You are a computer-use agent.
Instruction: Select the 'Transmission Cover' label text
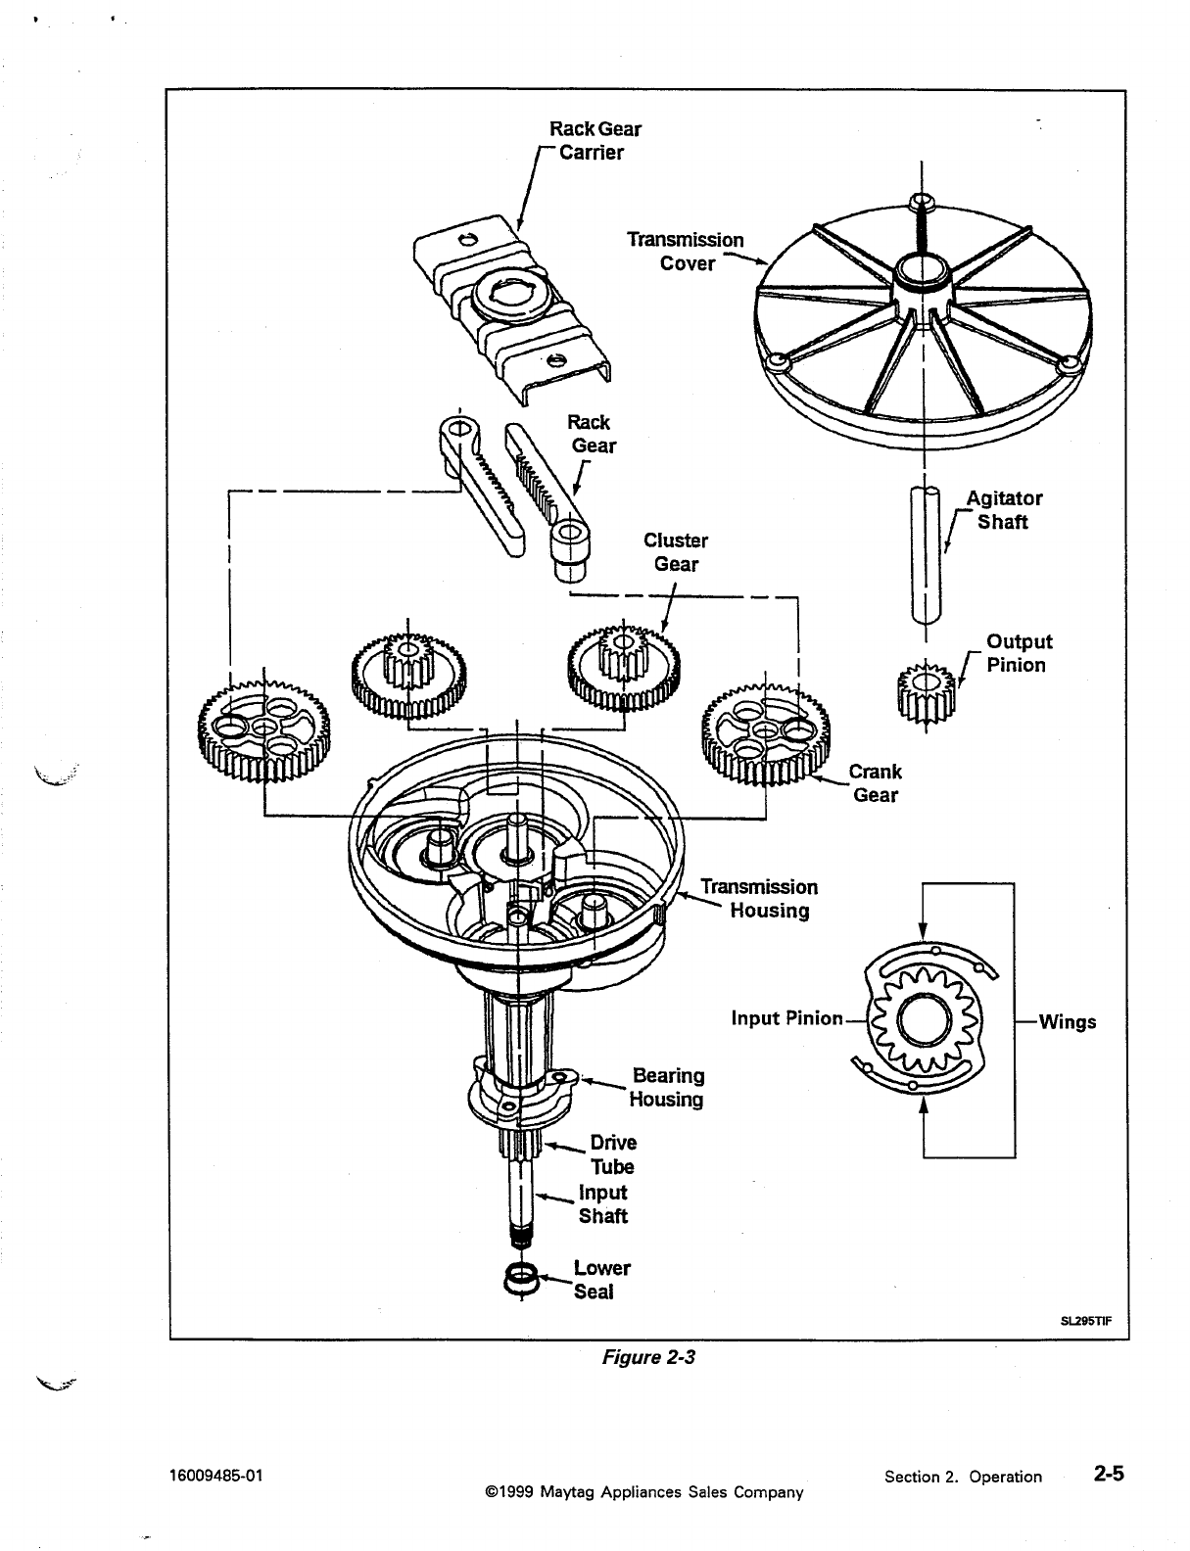pos(686,251)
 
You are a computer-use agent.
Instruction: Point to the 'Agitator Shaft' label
pos(1003,509)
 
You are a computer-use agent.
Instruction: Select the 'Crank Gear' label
pos(875,782)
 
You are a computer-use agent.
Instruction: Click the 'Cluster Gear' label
pos(676,551)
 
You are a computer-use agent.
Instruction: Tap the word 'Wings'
pos(1068,1022)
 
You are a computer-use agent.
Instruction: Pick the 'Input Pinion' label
pos(786,1018)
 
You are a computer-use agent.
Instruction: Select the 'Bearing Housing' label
pos(667,1087)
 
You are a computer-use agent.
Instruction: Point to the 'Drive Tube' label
pos(612,1154)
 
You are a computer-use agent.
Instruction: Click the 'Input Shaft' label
pos(602,1204)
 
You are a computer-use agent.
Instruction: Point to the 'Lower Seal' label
pos(601,1280)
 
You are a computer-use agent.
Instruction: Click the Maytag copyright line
pos(643,1492)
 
